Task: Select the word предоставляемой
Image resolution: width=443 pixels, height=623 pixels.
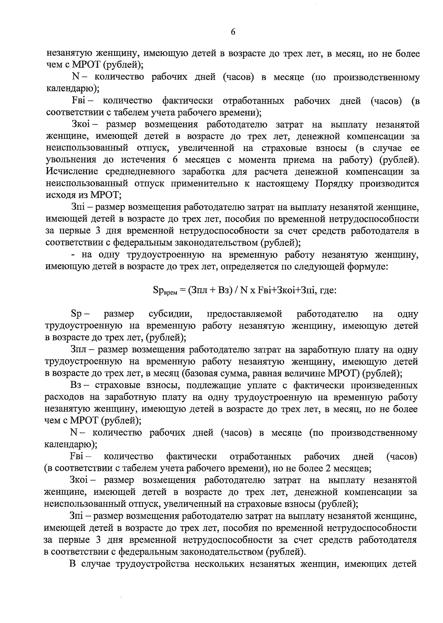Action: click(245, 314)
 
